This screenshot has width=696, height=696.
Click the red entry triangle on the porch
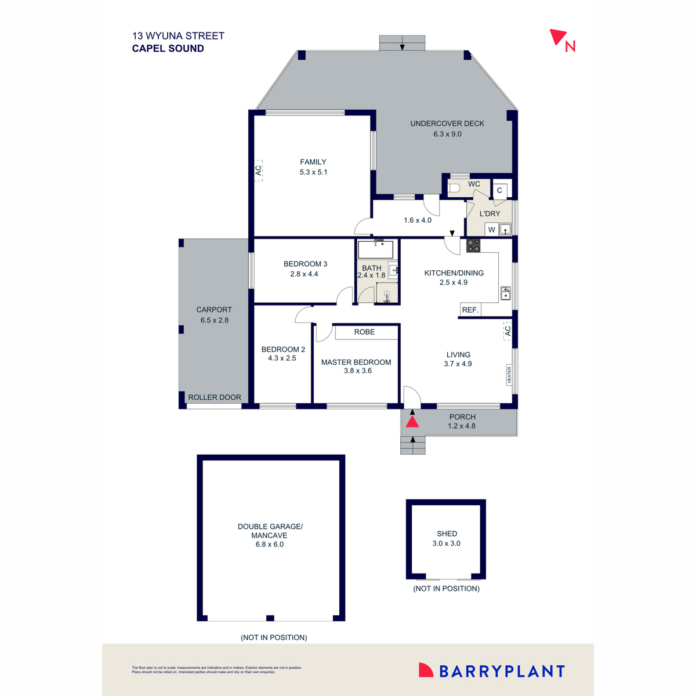click(412, 421)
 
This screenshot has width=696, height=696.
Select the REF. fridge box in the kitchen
click(470, 310)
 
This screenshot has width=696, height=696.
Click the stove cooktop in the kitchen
click(473, 245)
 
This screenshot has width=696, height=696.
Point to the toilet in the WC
click(454, 188)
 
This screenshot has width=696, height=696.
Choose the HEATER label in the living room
click(509, 375)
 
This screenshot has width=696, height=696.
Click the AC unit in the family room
click(259, 171)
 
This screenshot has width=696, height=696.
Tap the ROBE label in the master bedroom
click(364, 332)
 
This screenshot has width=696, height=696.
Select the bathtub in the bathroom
click(375, 250)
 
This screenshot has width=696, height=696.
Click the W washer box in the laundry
click(491, 230)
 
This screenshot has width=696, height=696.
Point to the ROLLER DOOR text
click(215, 397)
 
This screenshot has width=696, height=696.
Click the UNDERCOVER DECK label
click(447, 124)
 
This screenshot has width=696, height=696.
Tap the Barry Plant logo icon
click(426, 670)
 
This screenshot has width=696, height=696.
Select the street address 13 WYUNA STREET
click(178, 36)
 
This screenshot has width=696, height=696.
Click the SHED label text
click(447, 534)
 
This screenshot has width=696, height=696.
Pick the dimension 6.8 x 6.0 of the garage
click(270, 545)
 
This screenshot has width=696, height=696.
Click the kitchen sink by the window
click(505, 293)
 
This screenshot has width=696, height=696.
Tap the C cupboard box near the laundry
click(499, 190)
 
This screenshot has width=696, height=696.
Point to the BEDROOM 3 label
click(305, 264)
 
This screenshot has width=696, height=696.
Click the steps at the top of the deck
click(402, 43)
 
